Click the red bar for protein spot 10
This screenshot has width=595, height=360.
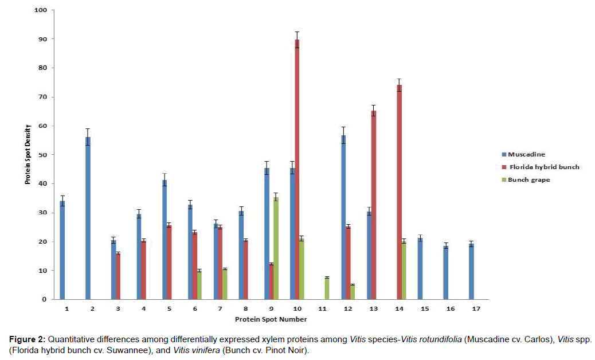[297, 169]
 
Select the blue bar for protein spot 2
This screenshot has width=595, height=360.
[88, 218]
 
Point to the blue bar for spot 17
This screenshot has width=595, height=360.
[471, 271]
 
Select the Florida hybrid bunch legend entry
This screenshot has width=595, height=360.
[542, 167]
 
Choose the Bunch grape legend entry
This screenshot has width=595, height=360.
[531, 180]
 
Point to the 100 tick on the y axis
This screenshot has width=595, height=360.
[41, 10]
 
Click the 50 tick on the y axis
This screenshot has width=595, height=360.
[42, 155]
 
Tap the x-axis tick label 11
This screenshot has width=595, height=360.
[322, 309]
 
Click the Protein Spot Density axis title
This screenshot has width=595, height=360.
[26, 155]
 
